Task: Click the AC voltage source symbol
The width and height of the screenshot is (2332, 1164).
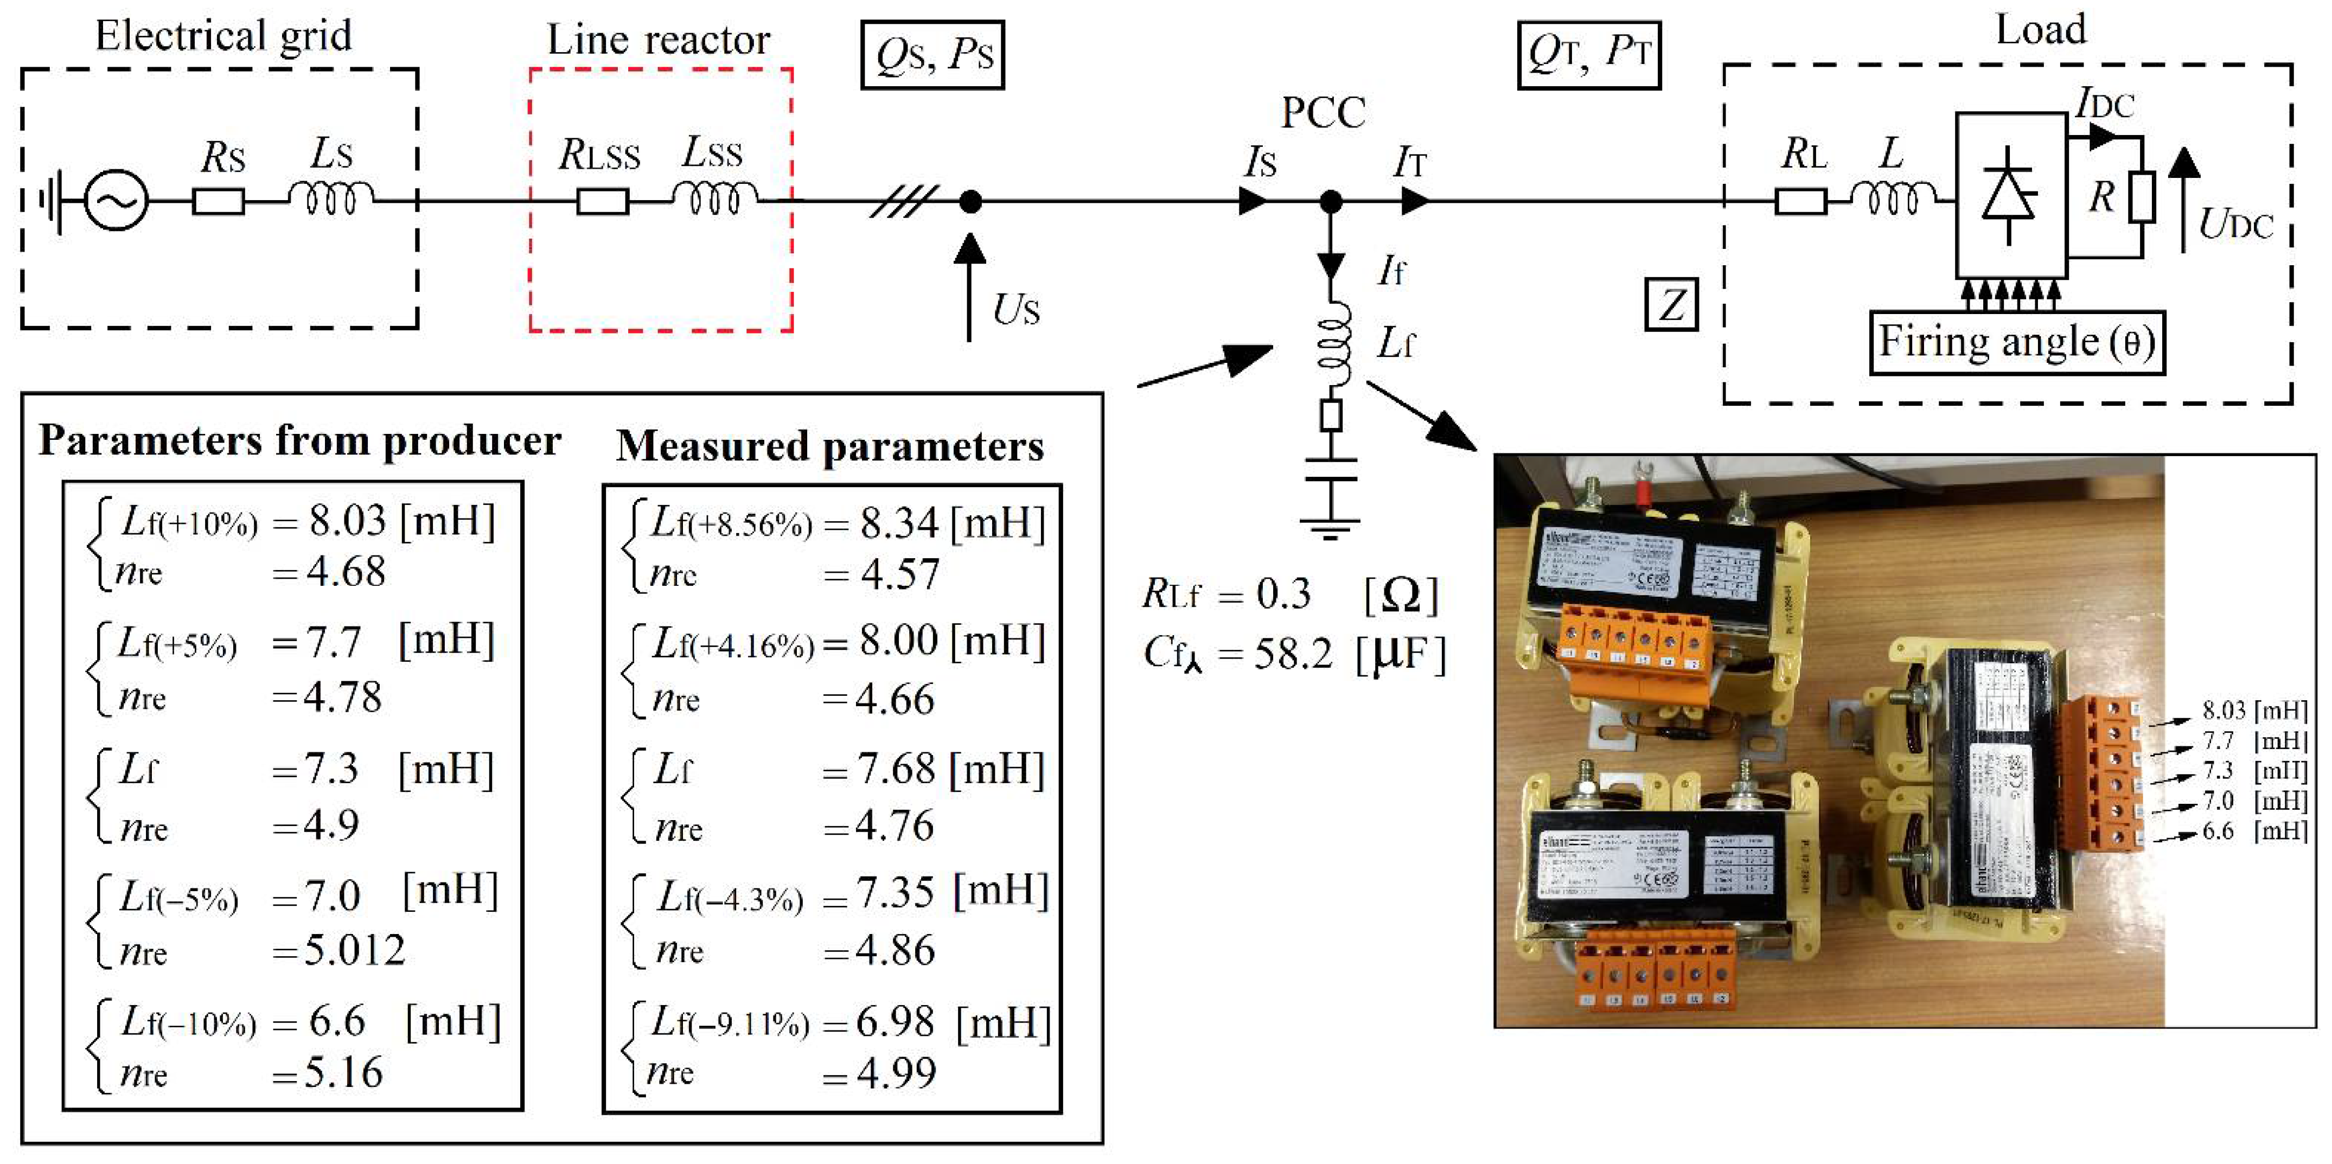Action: tap(116, 200)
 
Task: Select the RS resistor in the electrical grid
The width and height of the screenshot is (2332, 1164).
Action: tap(218, 201)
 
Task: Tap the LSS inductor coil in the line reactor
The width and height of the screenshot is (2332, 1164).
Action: tap(714, 199)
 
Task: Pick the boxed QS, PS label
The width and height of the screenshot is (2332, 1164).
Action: tap(932, 55)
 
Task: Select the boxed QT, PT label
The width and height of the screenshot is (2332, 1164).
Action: tap(1589, 55)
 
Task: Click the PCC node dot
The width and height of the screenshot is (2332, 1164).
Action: tap(1330, 201)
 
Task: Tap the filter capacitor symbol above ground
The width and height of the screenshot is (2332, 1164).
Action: tap(1330, 471)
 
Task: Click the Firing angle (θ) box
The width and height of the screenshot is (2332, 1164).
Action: tap(2017, 343)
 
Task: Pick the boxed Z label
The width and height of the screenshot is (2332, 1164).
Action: tap(1670, 304)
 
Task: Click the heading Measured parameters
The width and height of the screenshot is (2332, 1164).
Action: tap(829, 446)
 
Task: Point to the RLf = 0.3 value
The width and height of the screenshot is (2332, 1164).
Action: tap(1283, 594)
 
